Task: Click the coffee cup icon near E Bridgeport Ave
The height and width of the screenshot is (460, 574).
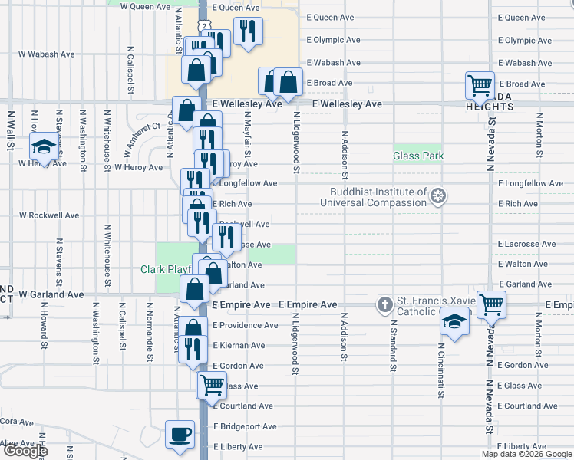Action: click(180, 435)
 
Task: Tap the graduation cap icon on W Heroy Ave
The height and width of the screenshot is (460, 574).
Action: click(44, 146)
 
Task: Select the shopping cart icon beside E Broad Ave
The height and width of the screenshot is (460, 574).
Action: click(480, 85)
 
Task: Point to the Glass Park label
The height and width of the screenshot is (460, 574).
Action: click(418, 156)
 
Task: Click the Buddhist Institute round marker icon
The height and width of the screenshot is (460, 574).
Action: click(438, 197)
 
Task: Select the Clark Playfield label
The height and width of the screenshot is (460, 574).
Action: click(164, 269)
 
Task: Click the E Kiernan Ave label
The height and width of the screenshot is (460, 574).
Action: click(239, 346)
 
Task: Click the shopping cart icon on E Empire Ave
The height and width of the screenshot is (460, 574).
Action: click(490, 304)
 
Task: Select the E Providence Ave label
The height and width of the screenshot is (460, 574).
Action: click(245, 325)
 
